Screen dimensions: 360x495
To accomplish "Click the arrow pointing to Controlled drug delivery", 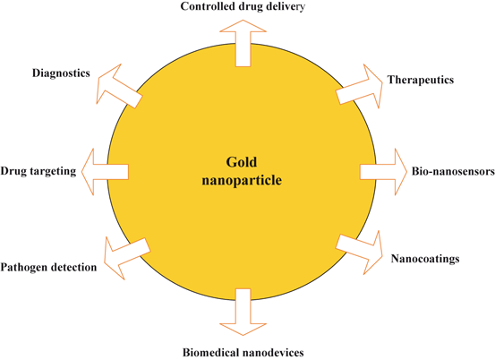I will coord(247,42).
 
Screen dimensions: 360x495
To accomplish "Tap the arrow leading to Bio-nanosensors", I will coord(382,170).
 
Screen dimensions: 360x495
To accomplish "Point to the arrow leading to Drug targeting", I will coord(106,170).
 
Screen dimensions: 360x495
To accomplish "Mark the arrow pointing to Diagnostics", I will coord(119,84).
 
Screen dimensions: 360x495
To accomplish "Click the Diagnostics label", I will coord(59,73).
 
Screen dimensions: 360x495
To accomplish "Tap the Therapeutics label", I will coord(420,80).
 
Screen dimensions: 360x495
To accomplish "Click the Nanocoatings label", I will coord(426,259).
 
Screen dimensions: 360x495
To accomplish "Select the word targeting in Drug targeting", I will coord(55,170).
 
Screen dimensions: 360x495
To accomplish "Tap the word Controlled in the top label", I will coord(209,7).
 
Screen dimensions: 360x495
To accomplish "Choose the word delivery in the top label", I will coord(285,7).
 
